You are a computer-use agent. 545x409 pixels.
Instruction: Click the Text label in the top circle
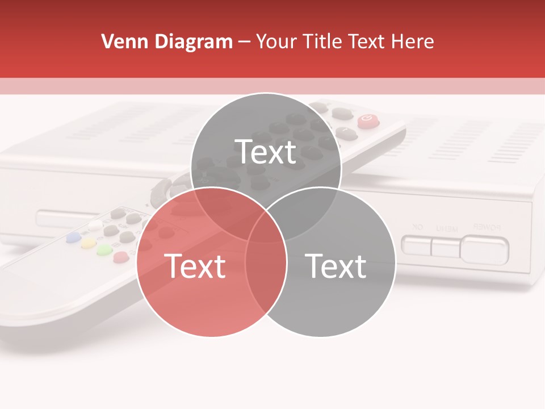click(266, 152)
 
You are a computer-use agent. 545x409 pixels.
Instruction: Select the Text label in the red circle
click(195, 266)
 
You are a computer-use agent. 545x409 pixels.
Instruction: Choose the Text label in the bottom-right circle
click(336, 266)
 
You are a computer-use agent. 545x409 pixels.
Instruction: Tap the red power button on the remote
click(366, 119)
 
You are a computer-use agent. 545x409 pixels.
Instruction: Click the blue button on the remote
click(73, 237)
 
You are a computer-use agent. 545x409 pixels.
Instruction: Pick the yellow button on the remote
click(88, 244)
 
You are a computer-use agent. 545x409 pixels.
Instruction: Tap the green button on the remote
click(104, 250)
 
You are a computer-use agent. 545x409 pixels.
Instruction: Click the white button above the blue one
click(94, 226)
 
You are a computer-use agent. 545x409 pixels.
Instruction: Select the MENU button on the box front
click(445, 247)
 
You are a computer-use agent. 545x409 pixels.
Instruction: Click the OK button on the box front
click(416, 245)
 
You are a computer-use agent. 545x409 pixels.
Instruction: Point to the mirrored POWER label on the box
click(487, 227)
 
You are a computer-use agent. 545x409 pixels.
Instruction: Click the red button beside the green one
click(120, 257)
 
